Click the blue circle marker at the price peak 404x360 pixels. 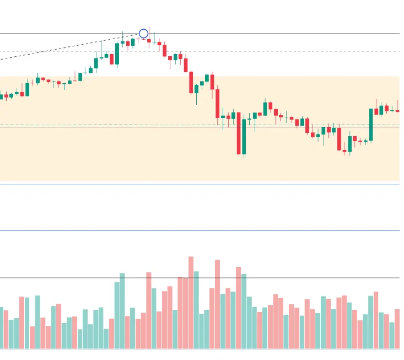(143, 34)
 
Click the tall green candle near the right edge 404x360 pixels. (371, 125)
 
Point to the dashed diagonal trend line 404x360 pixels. (66, 48)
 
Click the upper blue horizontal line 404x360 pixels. (198, 185)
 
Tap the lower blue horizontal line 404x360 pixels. (198, 231)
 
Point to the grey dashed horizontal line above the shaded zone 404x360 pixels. (276, 52)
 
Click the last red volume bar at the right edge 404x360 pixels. (397, 329)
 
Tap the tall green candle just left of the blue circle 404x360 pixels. (117, 54)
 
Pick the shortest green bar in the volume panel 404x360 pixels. (80, 339)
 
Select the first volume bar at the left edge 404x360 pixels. (1, 328)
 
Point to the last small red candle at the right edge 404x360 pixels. (397, 111)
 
